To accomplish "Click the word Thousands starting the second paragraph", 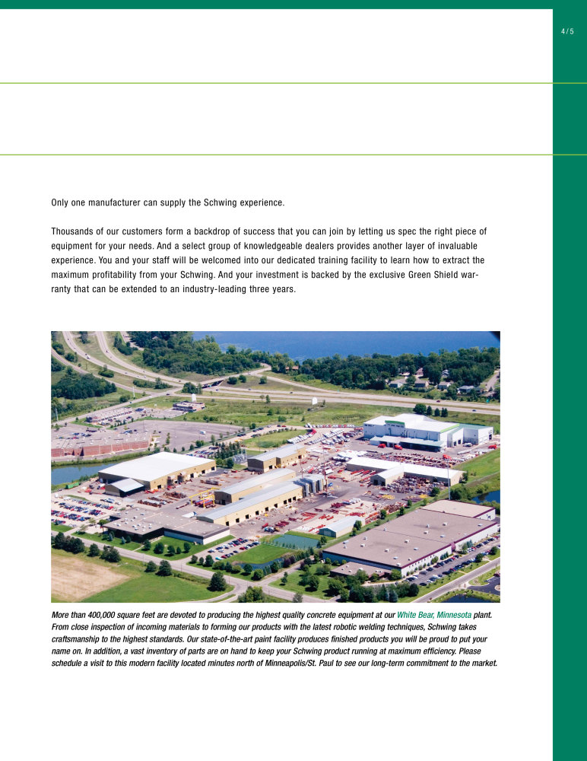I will click(74, 231).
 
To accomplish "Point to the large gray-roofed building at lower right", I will click(411, 537).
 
